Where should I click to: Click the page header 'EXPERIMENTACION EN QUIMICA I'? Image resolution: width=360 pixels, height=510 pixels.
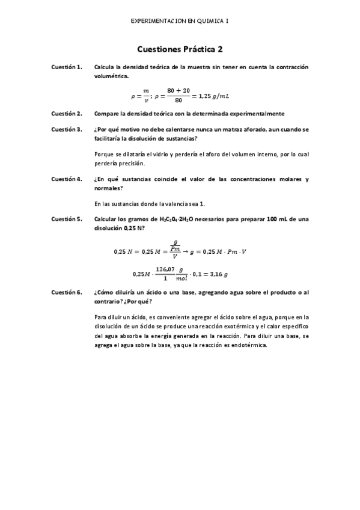click(179, 20)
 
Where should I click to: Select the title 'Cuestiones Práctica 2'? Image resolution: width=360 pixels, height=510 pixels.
click(180, 49)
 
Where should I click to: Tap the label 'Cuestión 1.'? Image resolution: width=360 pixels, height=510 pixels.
click(67, 67)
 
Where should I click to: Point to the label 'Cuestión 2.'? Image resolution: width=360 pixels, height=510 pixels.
click(67, 113)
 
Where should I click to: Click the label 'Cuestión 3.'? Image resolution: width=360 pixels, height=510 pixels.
click(67, 129)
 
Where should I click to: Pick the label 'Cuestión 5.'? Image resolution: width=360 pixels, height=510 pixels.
click(67, 220)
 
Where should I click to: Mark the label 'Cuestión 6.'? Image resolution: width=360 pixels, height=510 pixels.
click(67, 292)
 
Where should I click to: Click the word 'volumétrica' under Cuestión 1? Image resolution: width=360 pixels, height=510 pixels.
click(111, 76)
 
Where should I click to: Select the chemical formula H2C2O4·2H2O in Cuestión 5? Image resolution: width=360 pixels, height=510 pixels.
click(178, 220)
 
